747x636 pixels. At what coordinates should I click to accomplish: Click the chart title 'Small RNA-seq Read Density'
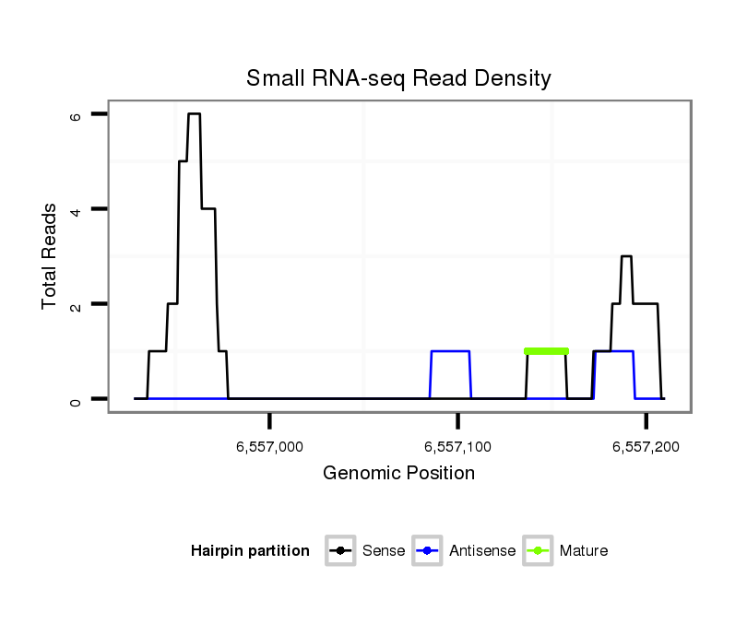tap(398, 78)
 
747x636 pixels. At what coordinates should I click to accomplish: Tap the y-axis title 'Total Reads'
tap(50, 256)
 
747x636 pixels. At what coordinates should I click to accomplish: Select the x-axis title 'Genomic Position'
tap(398, 474)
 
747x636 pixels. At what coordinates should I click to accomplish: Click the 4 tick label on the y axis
tap(76, 209)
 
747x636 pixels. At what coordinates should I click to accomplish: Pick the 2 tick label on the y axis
tap(76, 304)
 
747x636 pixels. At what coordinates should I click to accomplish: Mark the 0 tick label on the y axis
tap(76, 399)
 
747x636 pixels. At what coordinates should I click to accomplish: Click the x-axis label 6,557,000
tap(269, 447)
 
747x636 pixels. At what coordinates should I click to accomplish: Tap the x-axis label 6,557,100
tap(457, 447)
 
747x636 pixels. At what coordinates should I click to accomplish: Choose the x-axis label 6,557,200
tap(646, 447)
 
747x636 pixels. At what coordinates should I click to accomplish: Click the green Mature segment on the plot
tap(546, 351)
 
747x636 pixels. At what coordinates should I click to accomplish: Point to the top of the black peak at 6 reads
tap(194, 114)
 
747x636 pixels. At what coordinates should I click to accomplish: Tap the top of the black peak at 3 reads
tap(626, 257)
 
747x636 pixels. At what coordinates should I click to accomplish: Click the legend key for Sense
tap(340, 551)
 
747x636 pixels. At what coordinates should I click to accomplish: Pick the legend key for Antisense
tap(428, 551)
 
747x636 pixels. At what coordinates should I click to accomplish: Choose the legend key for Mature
tap(538, 551)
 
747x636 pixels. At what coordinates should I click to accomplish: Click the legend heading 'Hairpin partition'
tap(250, 551)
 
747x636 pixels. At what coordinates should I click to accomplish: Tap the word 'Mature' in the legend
tap(584, 551)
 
